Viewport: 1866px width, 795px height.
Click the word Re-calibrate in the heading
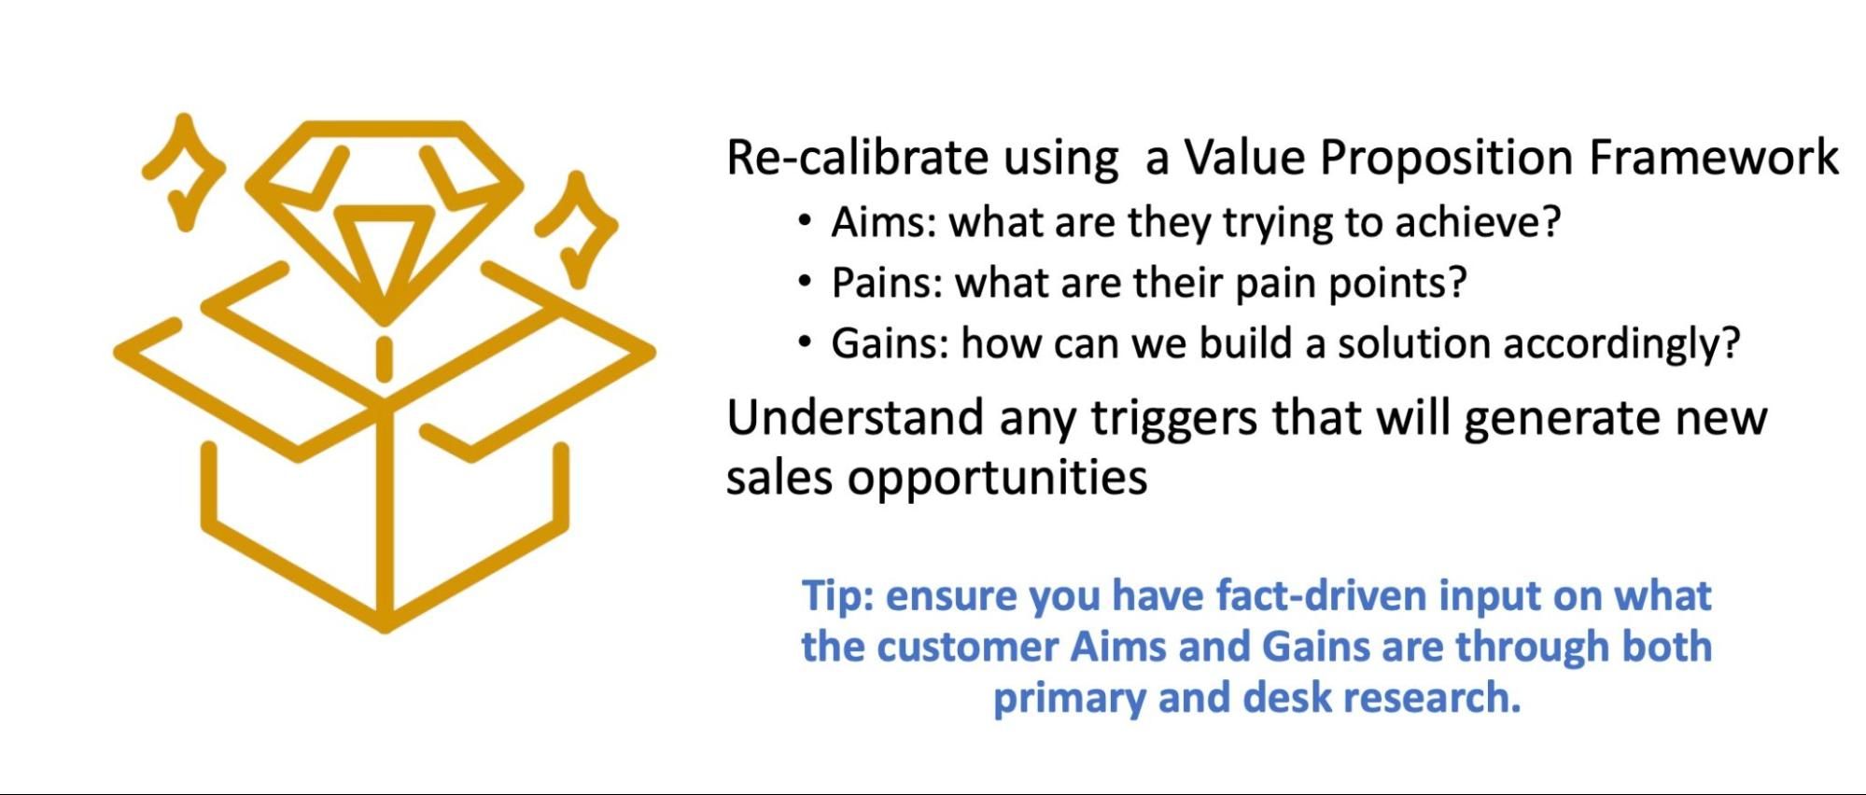point(856,157)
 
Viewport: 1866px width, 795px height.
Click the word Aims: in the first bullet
point(883,222)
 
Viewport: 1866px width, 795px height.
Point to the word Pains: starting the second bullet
point(887,283)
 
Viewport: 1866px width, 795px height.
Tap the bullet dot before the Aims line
point(805,221)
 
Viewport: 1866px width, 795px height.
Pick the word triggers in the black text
point(1174,418)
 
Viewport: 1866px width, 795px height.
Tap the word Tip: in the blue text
point(837,595)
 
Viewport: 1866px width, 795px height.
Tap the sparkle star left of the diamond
point(183,173)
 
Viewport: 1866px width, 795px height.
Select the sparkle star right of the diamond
point(576,229)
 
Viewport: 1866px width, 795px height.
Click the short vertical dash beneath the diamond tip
point(384,359)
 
